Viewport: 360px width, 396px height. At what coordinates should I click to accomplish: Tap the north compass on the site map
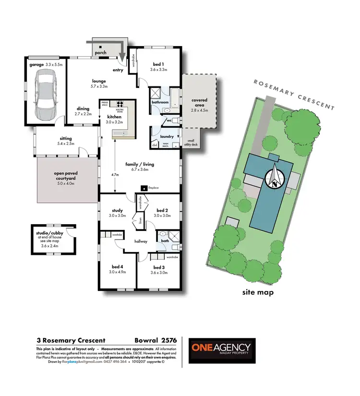(274, 178)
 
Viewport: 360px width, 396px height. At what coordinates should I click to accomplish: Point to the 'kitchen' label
(114, 117)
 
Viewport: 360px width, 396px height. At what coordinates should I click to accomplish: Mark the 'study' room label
(117, 210)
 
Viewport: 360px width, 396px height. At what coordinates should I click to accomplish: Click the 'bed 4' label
(117, 267)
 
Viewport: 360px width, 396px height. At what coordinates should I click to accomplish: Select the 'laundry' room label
(167, 137)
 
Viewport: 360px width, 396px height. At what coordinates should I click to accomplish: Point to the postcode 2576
(168, 340)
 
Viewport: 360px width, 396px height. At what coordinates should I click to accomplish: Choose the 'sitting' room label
(66, 139)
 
